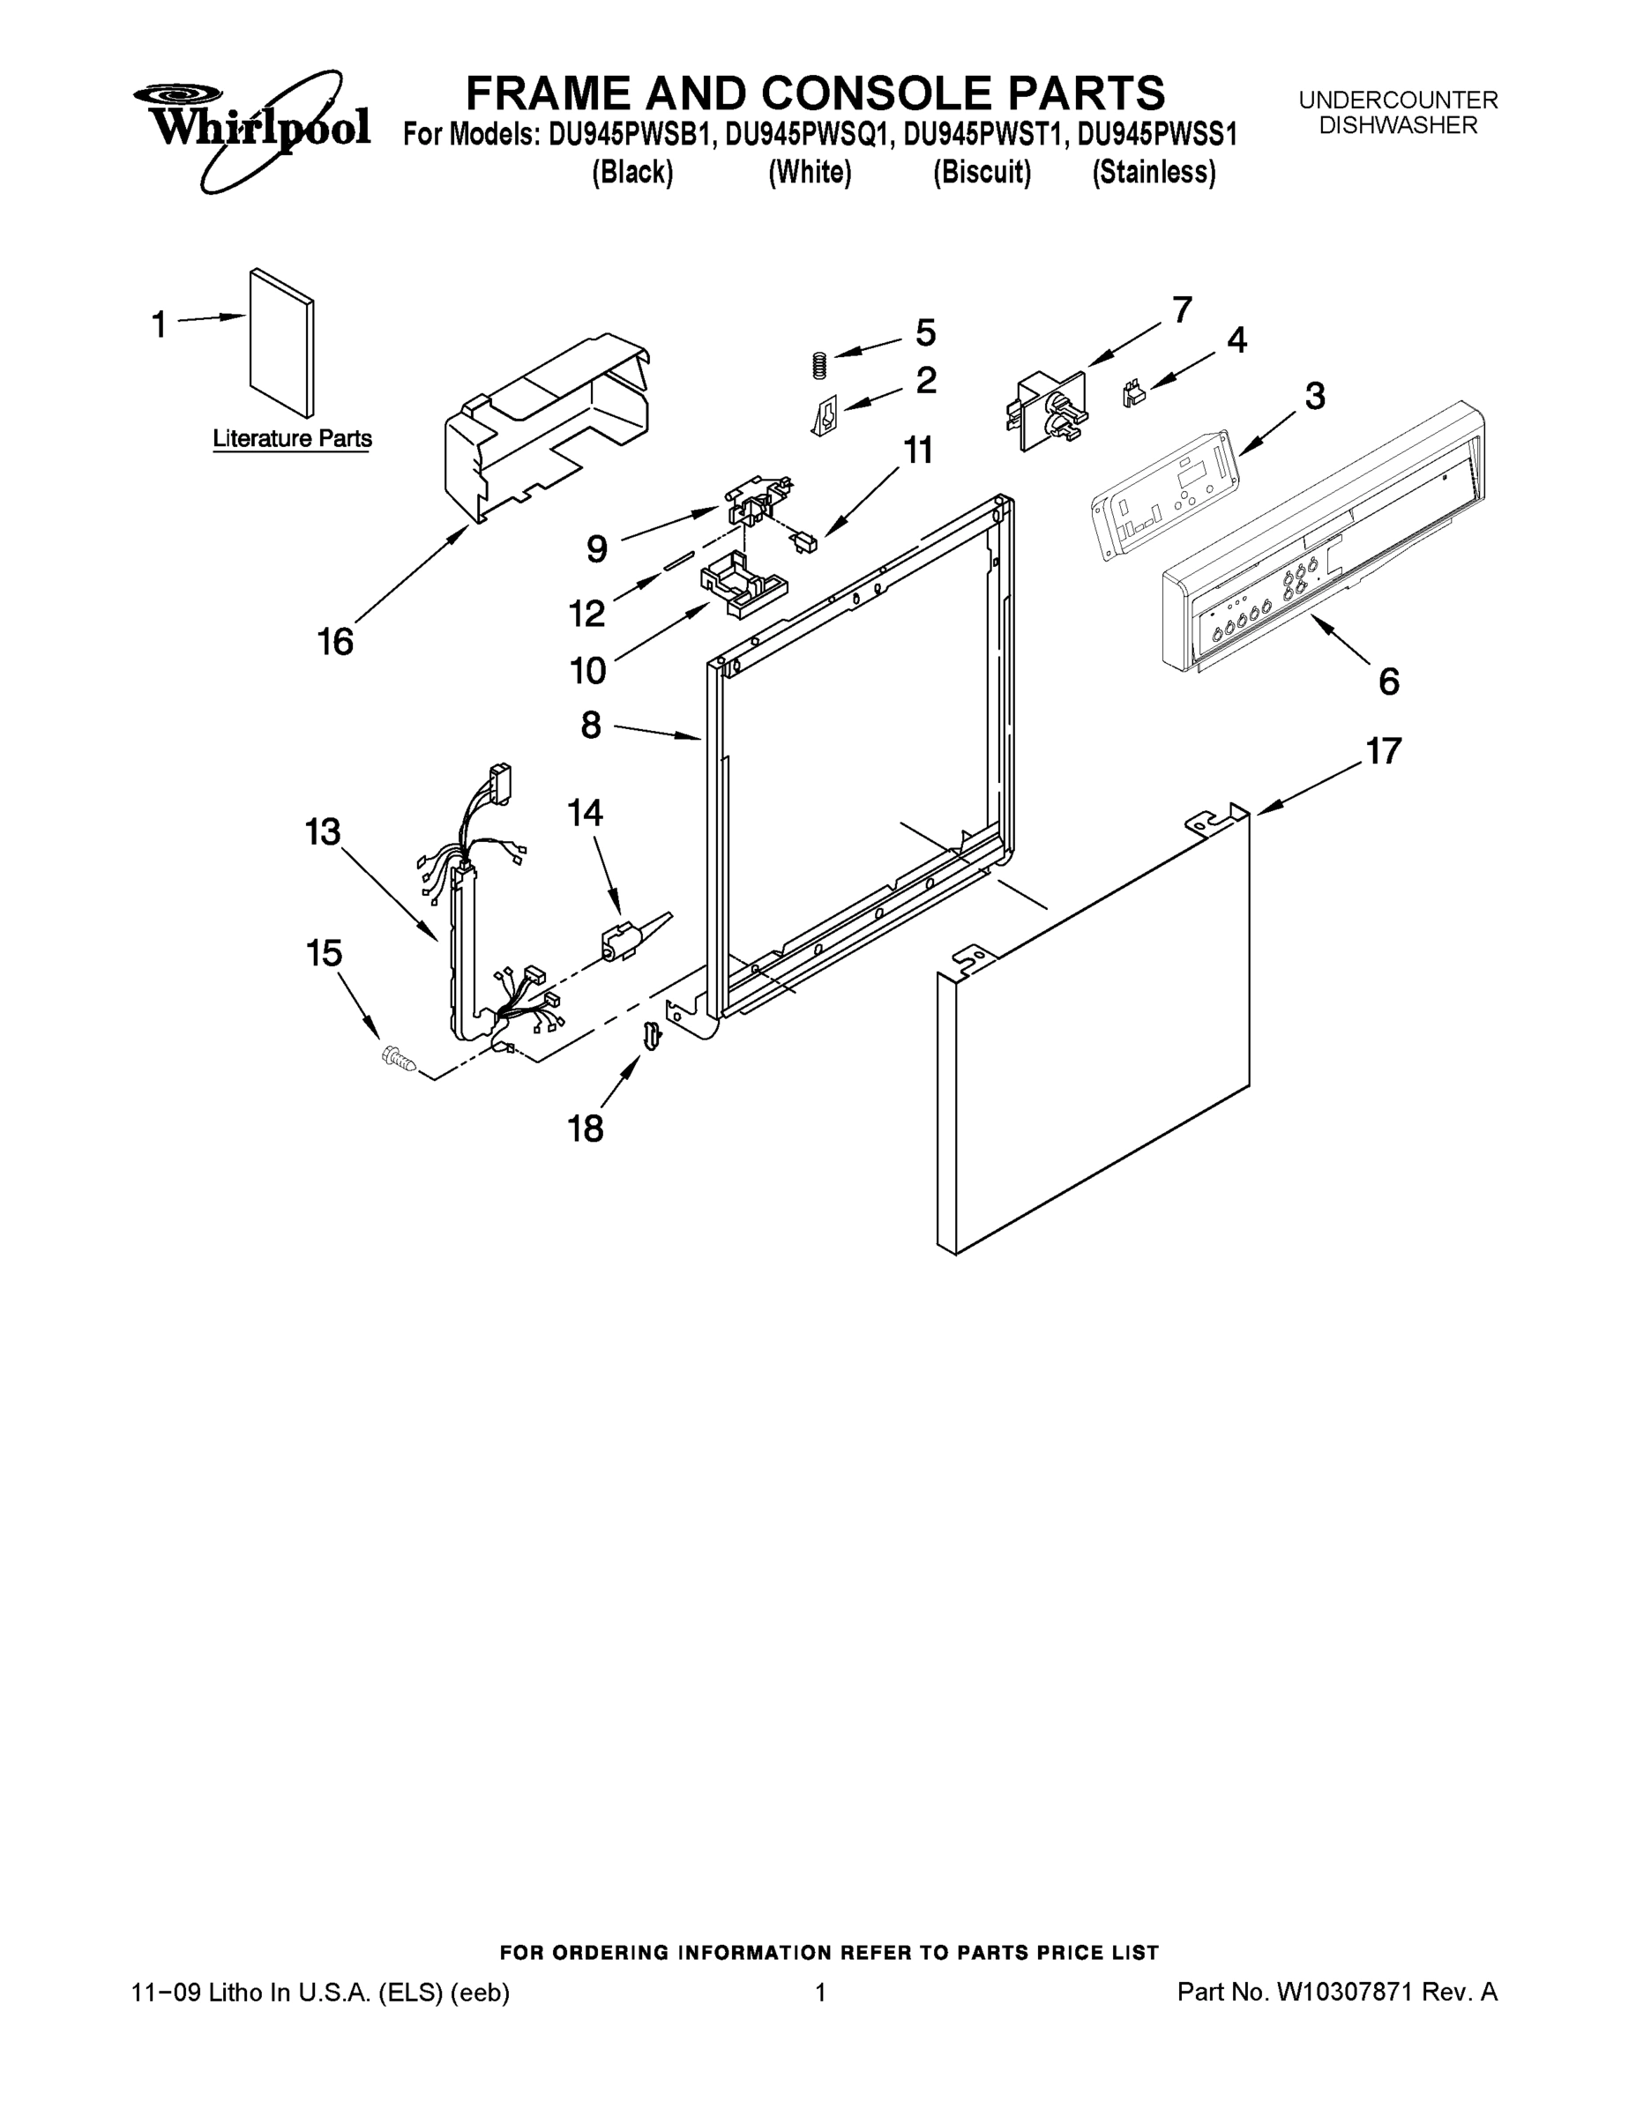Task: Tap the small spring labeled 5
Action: (819, 365)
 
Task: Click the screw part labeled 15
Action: (398, 1058)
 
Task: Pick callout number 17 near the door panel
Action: (1383, 751)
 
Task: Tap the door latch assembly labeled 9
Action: (755, 498)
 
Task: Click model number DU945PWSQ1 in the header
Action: (805, 134)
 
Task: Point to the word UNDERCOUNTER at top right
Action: (1398, 100)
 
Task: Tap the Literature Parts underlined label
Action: (292, 439)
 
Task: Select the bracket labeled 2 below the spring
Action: (824, 418)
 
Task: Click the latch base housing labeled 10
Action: (741, 585)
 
